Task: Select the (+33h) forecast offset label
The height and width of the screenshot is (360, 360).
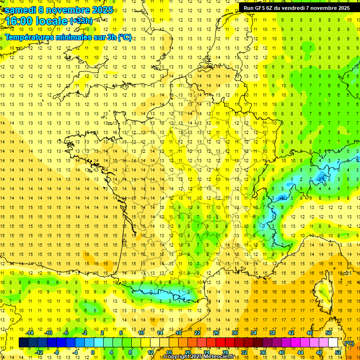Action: click(81, 21)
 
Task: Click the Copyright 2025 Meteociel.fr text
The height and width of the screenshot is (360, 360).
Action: click(202, 357)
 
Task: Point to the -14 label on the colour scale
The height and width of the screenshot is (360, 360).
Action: click(30, 333)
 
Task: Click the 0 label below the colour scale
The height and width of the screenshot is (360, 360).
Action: click(92, 352)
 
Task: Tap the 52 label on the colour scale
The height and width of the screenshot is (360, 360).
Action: click(338, 352)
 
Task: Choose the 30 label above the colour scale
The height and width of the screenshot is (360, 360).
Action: click(234, 333)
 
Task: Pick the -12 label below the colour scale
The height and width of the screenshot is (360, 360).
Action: click(39, 352)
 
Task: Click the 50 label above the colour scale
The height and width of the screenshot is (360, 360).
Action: click(329, 333)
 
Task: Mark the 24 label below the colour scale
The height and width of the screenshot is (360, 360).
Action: click(206, 352)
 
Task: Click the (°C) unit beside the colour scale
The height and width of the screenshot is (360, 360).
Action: click(349, 343)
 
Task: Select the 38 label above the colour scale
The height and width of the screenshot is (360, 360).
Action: click(272, 333)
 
